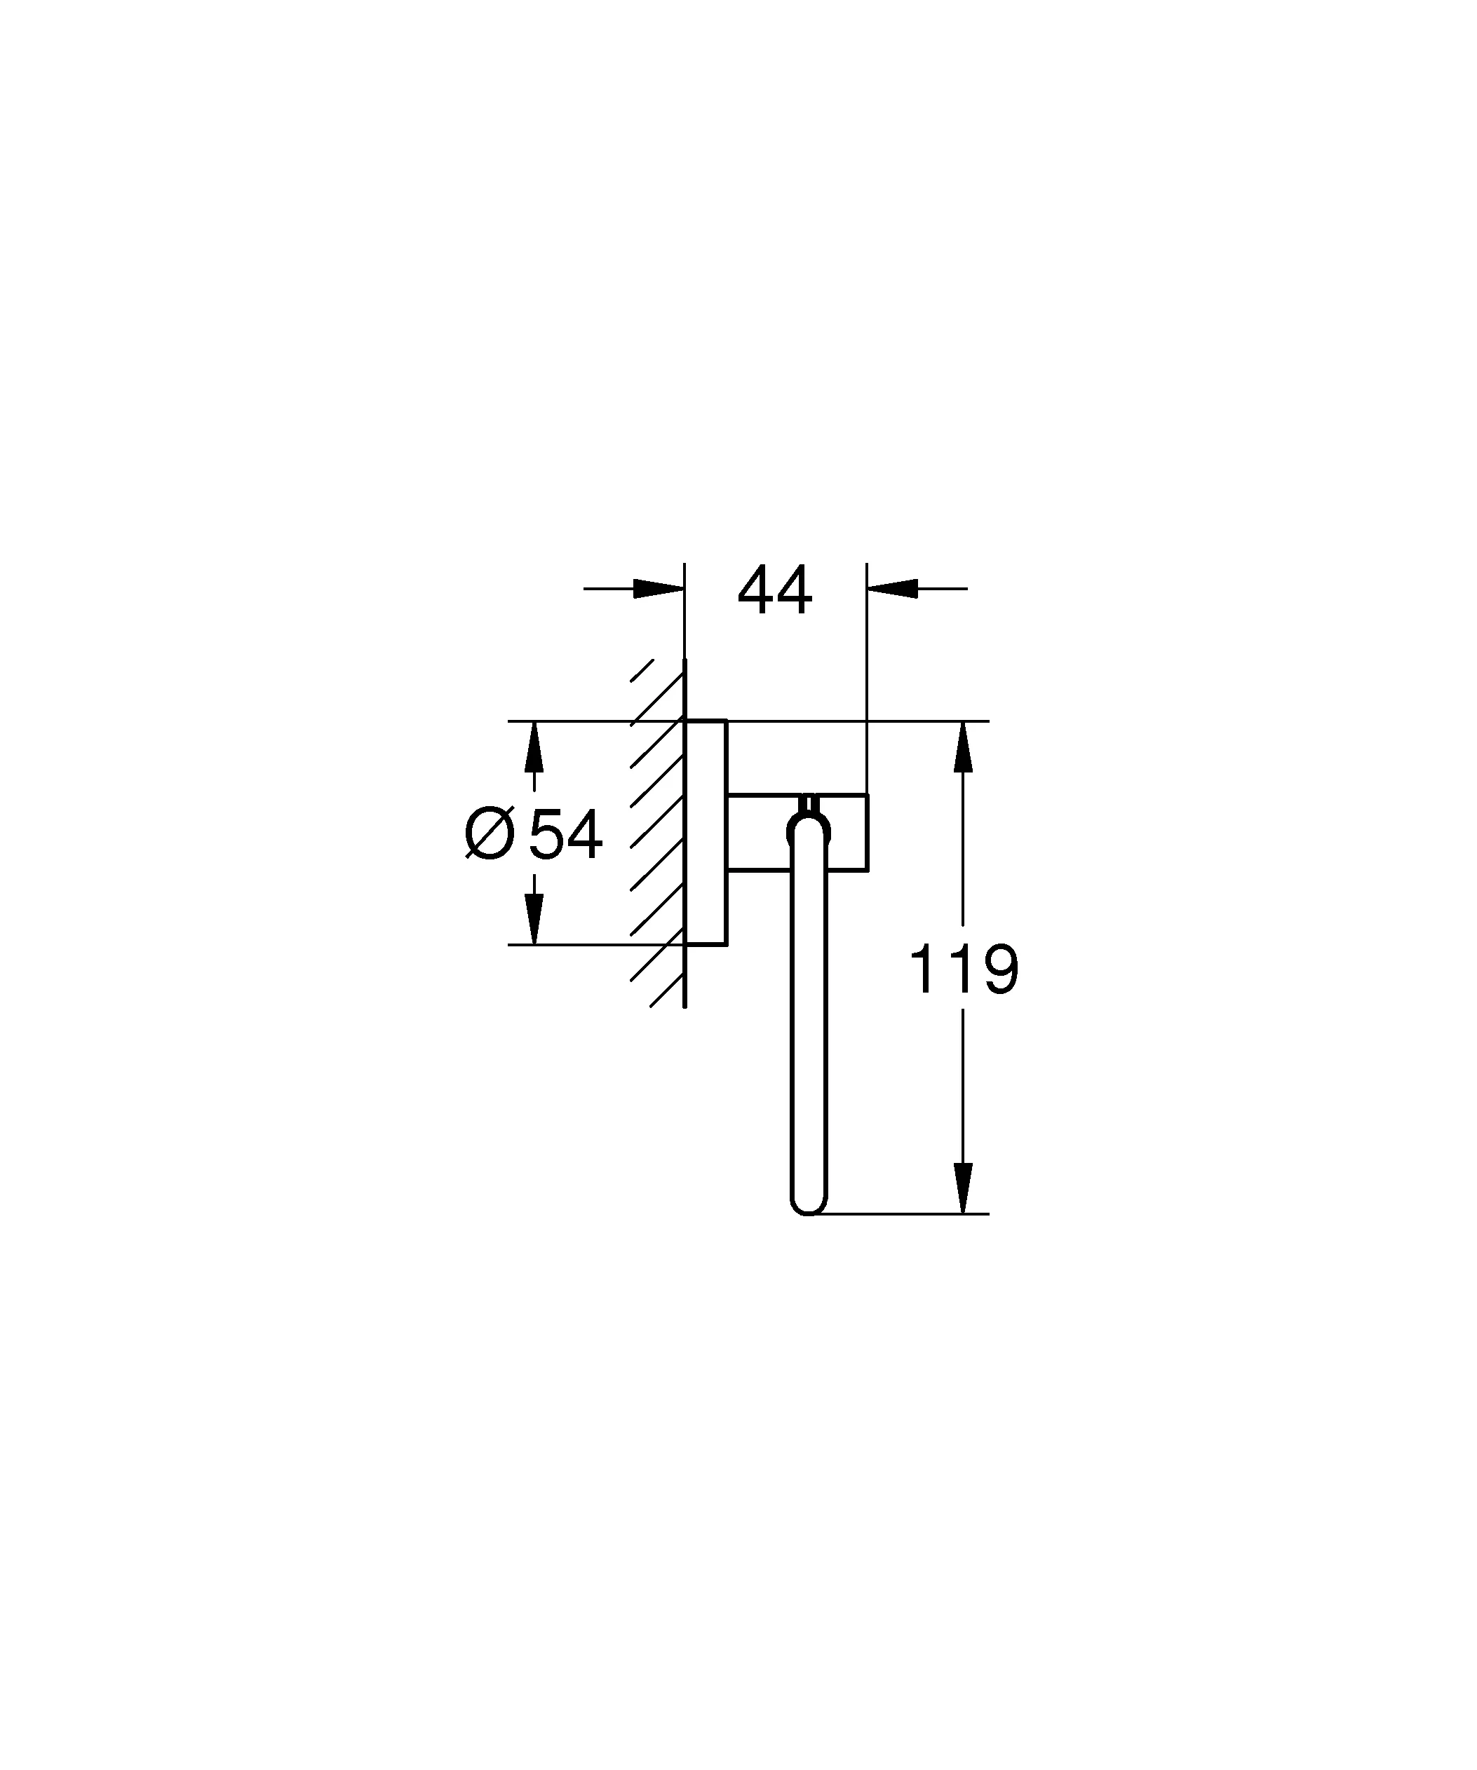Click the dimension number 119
(964, 969)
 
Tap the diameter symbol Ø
(490, 833)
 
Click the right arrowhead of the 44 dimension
(892, 588)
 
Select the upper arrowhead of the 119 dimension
(963, 746)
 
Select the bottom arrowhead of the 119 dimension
(963, 1187)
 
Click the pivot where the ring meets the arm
(809, 830)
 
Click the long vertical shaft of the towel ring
(809, 1028)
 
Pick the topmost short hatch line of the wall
(642, 670)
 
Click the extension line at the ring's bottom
(910, 1213)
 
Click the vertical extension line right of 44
(867, 674)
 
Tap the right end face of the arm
(868, 833)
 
